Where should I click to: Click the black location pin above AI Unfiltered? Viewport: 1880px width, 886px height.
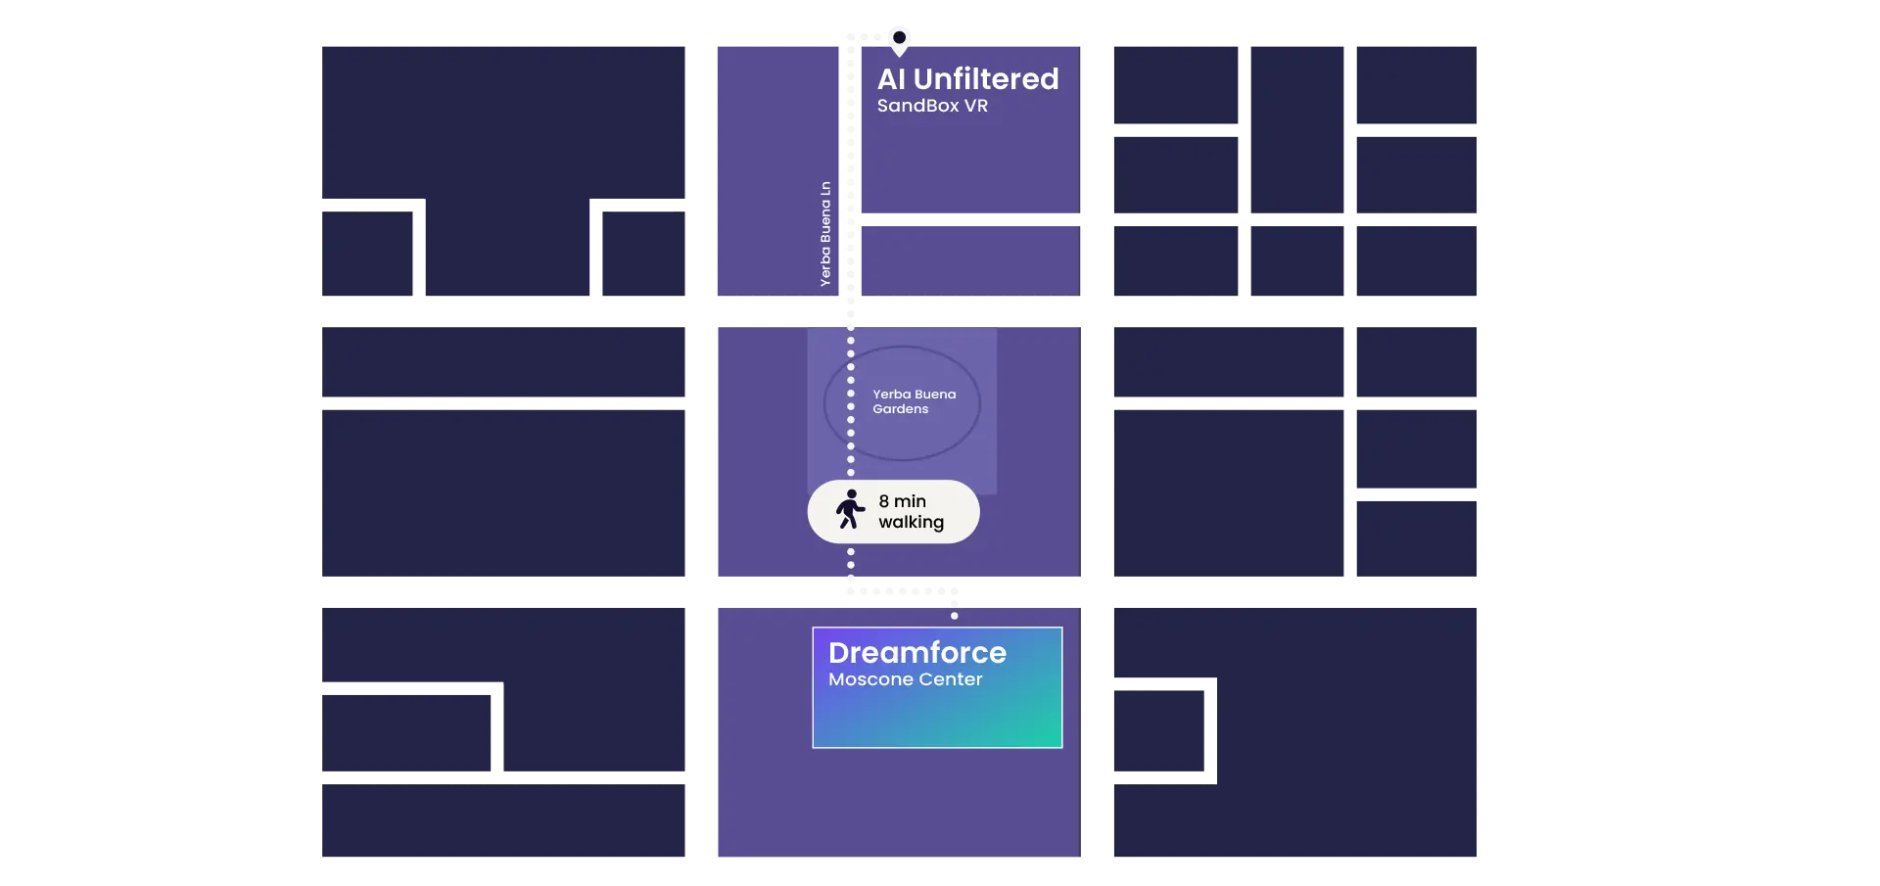(899, 39)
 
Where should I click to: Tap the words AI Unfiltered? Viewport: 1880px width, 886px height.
(967, 78)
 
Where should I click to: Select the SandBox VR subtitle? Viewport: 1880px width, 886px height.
(932, 106)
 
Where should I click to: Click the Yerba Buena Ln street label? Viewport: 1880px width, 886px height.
(825, 234)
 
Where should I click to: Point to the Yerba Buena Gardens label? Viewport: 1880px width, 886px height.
(914, 401)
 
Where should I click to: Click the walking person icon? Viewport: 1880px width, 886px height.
(850, 510)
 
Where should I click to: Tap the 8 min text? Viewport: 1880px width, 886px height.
(902, 501)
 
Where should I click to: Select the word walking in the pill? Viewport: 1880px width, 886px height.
(911, 522)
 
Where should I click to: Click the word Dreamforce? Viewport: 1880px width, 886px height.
(916, 652)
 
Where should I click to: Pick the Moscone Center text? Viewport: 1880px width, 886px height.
(905, 679)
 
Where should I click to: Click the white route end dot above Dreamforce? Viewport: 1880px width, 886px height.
(955, 616)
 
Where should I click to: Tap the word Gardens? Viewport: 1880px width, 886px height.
(900, 409)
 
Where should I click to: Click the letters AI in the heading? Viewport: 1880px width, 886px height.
(891, 78)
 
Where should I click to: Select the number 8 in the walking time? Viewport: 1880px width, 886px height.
(884, 501)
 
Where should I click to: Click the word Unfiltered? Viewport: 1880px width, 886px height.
(986, 78)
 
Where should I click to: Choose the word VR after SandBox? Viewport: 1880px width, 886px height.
(976, 106)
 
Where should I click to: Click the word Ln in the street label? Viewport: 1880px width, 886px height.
(825, 187)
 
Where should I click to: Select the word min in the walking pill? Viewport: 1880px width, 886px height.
(910, 501)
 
